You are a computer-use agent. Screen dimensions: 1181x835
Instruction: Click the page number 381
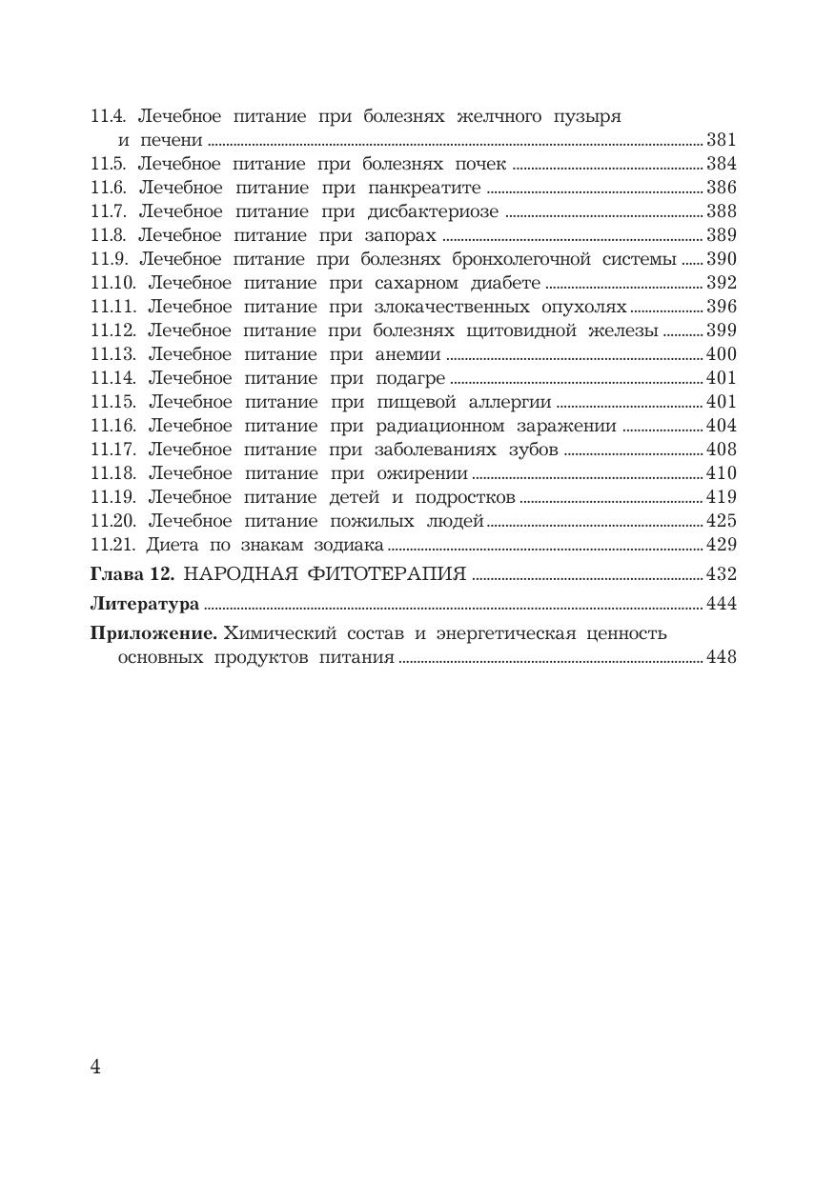(722, 140)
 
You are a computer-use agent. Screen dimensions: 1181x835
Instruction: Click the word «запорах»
(400, 235)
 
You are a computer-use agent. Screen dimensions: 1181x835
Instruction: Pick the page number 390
(722, 259)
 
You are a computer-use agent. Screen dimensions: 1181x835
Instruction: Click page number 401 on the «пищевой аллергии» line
(722, 402)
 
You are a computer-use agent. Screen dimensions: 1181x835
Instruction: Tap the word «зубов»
(534, 450)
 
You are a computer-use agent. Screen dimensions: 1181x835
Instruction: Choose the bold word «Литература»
(144, 604)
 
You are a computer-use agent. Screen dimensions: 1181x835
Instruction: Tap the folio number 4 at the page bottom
(95, 1066)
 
